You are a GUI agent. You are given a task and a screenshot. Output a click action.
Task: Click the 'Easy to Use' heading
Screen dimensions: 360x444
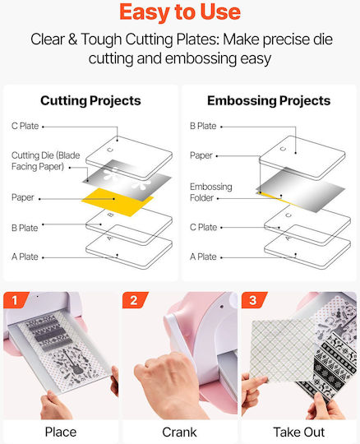(180, 12)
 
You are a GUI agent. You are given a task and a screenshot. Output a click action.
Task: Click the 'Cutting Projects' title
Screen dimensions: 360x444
(90, 101)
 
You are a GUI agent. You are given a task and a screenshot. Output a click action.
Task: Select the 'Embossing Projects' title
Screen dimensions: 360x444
(269, 101)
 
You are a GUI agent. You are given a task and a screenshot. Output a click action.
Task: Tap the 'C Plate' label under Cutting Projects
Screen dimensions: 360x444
(25, 126)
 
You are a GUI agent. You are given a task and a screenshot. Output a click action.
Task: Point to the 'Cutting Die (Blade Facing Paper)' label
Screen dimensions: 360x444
(45, 161)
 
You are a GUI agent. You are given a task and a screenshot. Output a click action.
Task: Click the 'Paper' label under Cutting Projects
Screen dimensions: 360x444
(23, 197)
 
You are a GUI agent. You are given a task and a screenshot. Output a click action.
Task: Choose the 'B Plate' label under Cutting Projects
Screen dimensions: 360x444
(25, 228)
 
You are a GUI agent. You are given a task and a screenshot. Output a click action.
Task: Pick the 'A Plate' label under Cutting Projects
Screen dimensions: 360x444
(25, 257)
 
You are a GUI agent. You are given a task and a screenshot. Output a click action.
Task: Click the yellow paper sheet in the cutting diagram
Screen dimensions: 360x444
(118, 202)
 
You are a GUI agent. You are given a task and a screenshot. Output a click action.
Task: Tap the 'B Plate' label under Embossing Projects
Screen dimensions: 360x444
(203, 126)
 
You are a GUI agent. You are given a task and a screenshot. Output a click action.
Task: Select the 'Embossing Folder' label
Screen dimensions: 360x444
(211, 192)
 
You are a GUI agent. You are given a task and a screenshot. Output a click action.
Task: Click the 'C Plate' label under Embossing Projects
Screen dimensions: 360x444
(203, 228)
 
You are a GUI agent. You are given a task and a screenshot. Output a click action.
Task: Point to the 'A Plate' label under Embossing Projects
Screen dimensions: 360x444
(203, 257)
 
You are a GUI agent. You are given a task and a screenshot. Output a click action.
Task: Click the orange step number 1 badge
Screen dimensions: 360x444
(16, 300)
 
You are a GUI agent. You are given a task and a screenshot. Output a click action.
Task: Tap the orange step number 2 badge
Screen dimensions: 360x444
(135, 300)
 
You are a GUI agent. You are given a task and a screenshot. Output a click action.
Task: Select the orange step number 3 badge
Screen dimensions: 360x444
(254, 300)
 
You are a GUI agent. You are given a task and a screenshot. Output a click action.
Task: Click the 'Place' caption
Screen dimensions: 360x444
(61, 432)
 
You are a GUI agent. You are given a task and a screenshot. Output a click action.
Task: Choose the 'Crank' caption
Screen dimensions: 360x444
(179, 432)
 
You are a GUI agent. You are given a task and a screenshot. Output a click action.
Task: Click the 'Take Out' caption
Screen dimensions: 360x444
(299, 432)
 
